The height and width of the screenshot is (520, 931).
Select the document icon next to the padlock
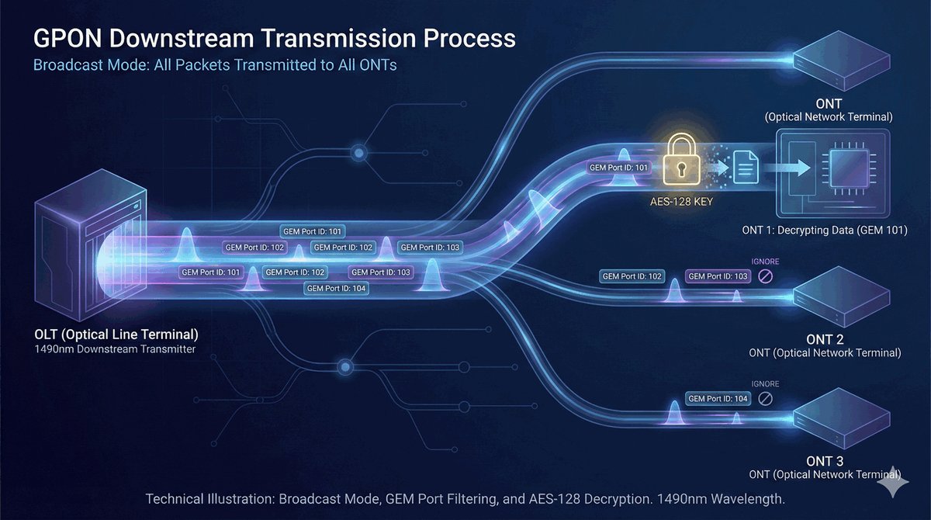746,166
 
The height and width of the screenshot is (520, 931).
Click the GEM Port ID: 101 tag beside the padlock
618,167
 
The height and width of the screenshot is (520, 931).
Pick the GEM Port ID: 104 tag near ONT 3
718,398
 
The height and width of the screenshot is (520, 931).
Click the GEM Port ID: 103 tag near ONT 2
718,276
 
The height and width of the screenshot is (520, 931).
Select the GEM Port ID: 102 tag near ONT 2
632,276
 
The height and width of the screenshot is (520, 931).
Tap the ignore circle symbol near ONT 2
765,276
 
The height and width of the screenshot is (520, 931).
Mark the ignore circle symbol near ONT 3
765,398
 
